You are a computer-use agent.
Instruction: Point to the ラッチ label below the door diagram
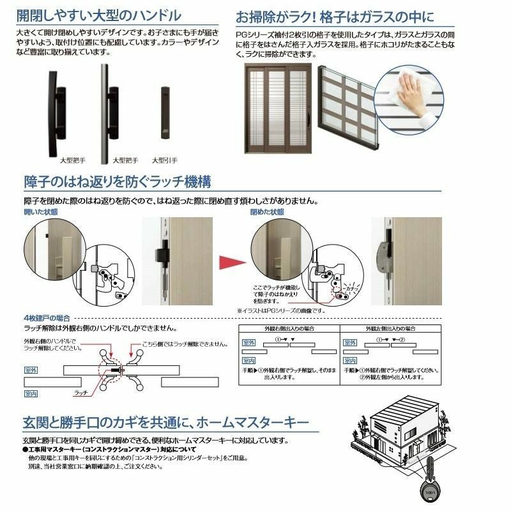point(80,393)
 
